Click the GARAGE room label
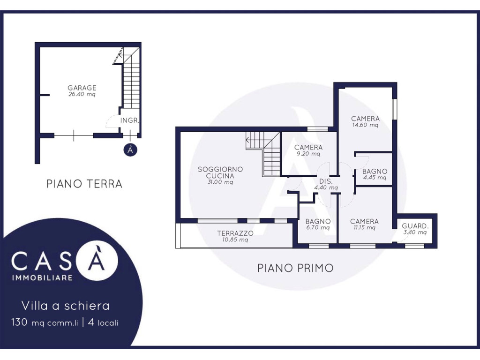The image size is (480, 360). tap(82, 88)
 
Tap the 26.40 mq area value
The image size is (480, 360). tap(82, 95)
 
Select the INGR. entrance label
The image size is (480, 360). tap(130, 120)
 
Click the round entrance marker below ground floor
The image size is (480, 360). tap(130, 150)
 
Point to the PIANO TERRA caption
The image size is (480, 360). tap(84, 184)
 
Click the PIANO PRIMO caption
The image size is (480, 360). tap(295, 268)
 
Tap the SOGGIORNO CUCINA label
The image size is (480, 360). tap(220, 172)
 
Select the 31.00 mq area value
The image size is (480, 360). tap(220, 182)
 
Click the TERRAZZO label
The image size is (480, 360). tap(235, 233)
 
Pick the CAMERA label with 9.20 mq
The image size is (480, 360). tap(308, 147)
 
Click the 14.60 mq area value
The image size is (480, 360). tap(365, 125)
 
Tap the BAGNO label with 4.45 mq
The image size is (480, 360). tap(375, 172)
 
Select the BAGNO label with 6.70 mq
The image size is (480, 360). tap(318, 221)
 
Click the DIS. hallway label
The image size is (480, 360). tap(326, 181)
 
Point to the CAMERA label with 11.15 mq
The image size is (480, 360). tap(364, 221)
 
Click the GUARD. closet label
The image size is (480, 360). tap(415, 226)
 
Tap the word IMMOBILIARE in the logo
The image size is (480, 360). tap(42, 277)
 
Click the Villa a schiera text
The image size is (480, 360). tap(66, 306)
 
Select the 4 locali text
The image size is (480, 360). tap(103, 322)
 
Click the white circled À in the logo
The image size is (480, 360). tap(97, 260)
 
